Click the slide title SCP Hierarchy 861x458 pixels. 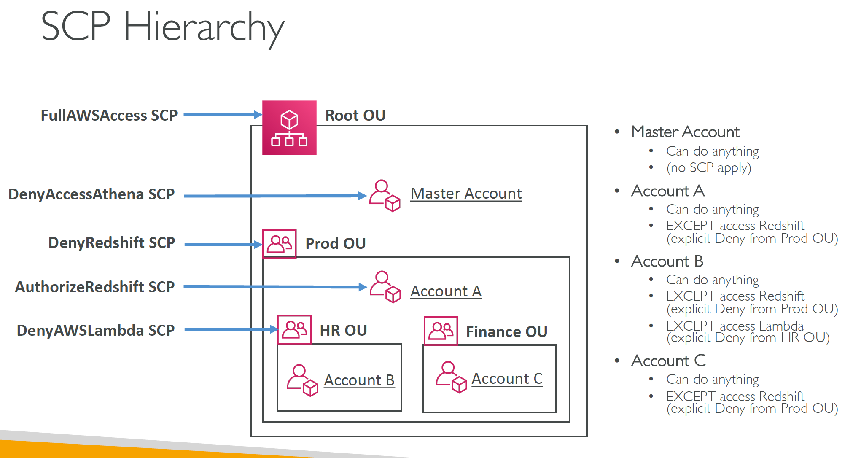click(x=163, y=28)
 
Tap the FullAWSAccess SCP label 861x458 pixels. click(x=109, y=115)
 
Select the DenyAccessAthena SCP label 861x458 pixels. click(x=91, y=194)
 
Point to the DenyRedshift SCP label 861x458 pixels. click(x=112, y=243)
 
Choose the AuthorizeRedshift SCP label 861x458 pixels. click(x=95, y=287)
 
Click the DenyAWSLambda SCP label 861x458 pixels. click(x=96, y=330)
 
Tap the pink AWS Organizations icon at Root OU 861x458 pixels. click(x=290, y=128)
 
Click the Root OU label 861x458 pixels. click(x=355, y=115)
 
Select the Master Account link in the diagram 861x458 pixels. click(x=466, y=194)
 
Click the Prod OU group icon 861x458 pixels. click(x=279, y=244)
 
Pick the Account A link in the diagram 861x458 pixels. click(x=446, y=291)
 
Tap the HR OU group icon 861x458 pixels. click(x=294, y=329)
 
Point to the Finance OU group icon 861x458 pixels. click(x=441, y=331)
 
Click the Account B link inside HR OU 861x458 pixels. click(x=359, y=380)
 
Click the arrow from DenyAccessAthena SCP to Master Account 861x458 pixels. click(x=275, y=196)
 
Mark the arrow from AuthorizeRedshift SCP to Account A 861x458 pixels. click(x=275, y=287)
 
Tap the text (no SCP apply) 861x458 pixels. click(x=709, y=168)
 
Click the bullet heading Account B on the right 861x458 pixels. click(x=667, y=261)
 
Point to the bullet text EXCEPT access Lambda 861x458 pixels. click(x=735, y=326)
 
